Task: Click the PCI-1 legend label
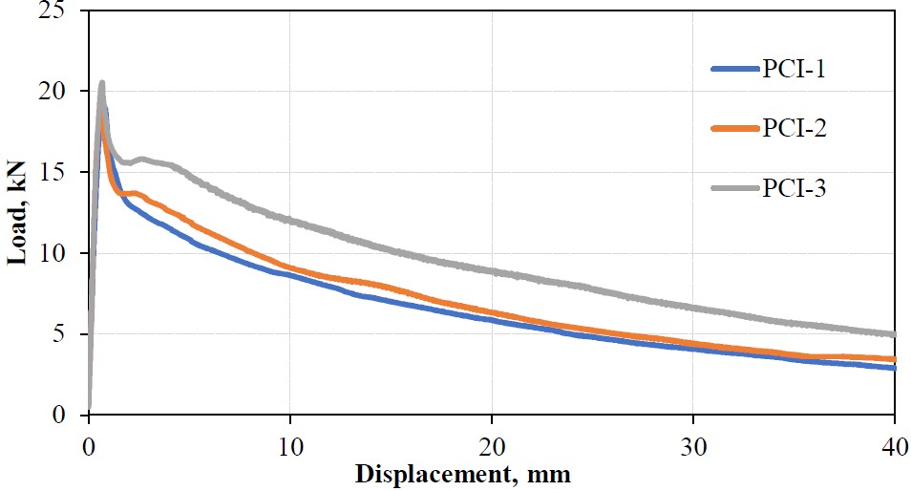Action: click(794, 69)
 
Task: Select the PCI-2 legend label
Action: click(794, 129)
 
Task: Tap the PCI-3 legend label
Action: click(794, 189)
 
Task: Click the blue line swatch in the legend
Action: click(735, 69)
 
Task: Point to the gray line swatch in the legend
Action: click(735, 189)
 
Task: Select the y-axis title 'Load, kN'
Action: click(18, 213)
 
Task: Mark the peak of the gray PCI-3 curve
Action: click(101, 84)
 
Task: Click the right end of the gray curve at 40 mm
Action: click(894, 335)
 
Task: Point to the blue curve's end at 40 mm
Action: click(894, 368)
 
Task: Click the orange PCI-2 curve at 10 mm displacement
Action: click(289, 268)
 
